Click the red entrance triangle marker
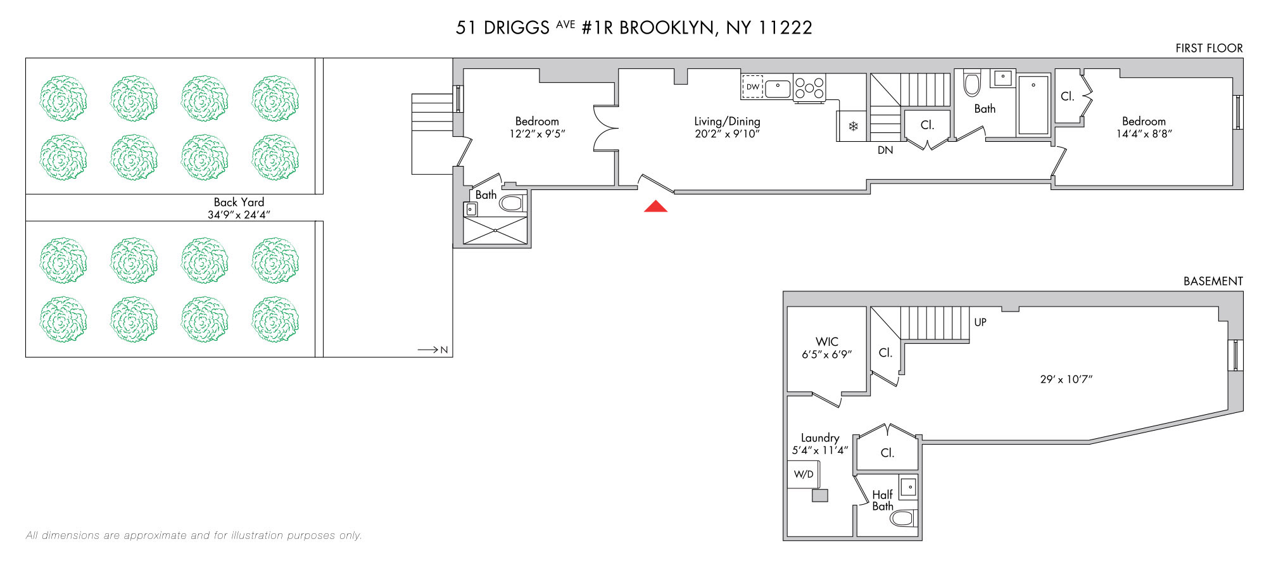[x=656, y=206]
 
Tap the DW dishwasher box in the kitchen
[x=752, y=87]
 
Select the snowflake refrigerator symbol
[x=853, y=127]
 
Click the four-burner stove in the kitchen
[x=810, y=87]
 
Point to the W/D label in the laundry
[x=804, y=474]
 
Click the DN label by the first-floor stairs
[x=885, y=150]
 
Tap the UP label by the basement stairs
[x=980, y=322]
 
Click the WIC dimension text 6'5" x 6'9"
[x=827, y=355]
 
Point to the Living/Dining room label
[x=727, y=121]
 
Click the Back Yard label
[x=239, y=202]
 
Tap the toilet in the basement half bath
[x=903, y=519]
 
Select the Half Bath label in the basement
[x=883, y=500]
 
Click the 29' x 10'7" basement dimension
[x=1066, y=379]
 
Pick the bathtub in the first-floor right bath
[x=1033, y=105]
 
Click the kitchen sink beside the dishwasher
[x=778, y=89]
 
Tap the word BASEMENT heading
[x=1213, y=281]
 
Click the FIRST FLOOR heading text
[x=1209, y=48]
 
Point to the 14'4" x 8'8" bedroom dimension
[x=1144, y=134]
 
